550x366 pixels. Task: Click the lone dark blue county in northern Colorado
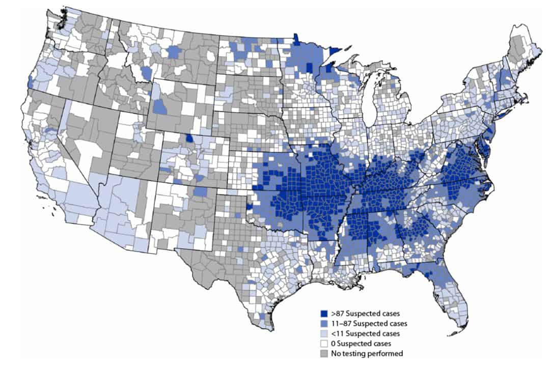[x=189, y=138]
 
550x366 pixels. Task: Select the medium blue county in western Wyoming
[x=160, y=107]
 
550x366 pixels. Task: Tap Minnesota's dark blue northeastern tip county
[x=335, y=51]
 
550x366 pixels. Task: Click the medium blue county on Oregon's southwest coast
[x=30, y=82]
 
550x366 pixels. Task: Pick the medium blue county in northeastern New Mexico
[x=201, y=191]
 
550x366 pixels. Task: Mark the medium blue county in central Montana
[x=173, y=52]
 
